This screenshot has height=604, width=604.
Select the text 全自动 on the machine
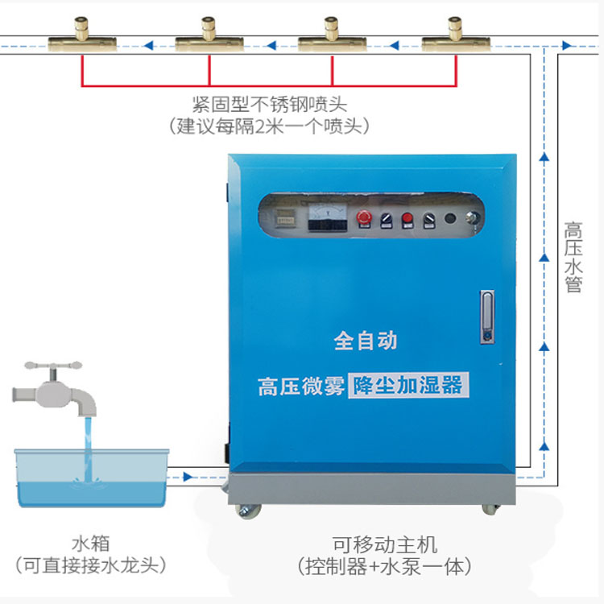coord(366,341)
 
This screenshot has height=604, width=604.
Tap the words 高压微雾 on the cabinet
coord(301,387)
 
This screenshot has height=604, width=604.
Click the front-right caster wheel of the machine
coord(490,509)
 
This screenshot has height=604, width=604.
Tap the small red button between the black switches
coord(407,217)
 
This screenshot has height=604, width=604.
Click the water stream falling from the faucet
coord(88,443)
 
